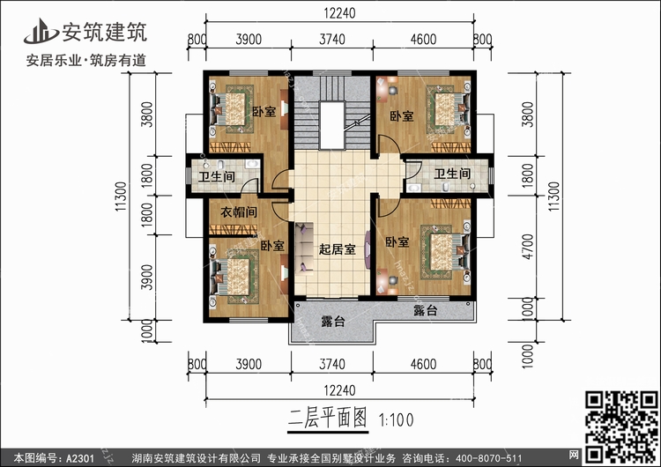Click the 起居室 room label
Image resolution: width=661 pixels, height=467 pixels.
click(x=337, y=249)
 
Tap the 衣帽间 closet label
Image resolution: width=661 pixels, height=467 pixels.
click(x=238, y=212)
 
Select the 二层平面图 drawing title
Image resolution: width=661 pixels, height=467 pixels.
click(x=326, y=418)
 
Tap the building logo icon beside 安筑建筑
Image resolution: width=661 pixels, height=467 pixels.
click(x=40, y=32)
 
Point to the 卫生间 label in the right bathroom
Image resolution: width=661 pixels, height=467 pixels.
click(x=452, y=175)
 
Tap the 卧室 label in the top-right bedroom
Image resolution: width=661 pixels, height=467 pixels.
click(x=402, y=115)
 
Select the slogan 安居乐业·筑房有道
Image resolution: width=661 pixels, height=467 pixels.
click(x=86, y=61)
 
